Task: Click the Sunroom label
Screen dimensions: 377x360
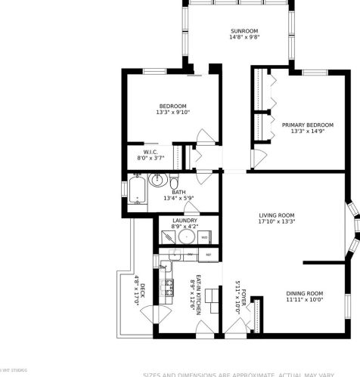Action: coord(238,31)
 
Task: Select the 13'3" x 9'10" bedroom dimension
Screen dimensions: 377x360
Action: coord(174,113)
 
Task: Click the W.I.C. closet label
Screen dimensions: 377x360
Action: coord(150,150)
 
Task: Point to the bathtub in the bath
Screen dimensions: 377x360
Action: coord(138,190)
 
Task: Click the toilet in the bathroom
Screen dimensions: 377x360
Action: coord(173,183)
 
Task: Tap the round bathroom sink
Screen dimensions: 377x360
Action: coord(158,180)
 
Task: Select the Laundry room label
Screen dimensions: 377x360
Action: coord(185,221)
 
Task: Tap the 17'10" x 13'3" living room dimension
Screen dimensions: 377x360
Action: coord(277,222)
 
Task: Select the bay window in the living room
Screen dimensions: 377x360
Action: coord(352,227)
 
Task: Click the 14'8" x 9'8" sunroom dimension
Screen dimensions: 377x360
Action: coord(238,39)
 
